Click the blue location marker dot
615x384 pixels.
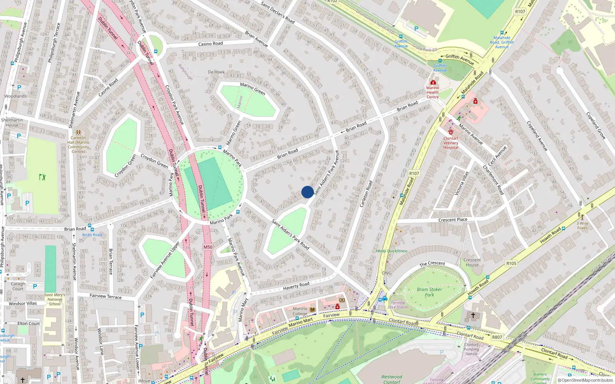(x=307, y=192)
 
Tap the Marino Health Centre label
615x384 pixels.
(x=432, y=92)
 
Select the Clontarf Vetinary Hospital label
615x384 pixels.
(x=451, y=143)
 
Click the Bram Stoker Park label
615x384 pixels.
(x=429, y=292)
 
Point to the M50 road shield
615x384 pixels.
(x=208, y=247)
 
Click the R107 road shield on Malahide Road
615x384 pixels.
(x=414, y=174)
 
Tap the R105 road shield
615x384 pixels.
(x=511, y=263)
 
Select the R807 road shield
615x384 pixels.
(x=497, y=337)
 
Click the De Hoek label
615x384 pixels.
(x=216, y=72)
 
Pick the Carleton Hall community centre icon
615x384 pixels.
(x=78, y=132)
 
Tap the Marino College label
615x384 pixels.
(x=300, y=311)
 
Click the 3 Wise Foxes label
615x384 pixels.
(x=582, y=225)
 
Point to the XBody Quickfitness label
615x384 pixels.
(x=392, y=251)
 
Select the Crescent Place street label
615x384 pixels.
(x=453, y=220)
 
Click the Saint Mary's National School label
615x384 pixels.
(x=55, y=300)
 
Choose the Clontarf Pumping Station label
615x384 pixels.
(x=471, y=349)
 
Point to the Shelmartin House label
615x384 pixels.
(x=12, y=122)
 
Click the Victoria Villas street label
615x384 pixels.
(x=462, y=184)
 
